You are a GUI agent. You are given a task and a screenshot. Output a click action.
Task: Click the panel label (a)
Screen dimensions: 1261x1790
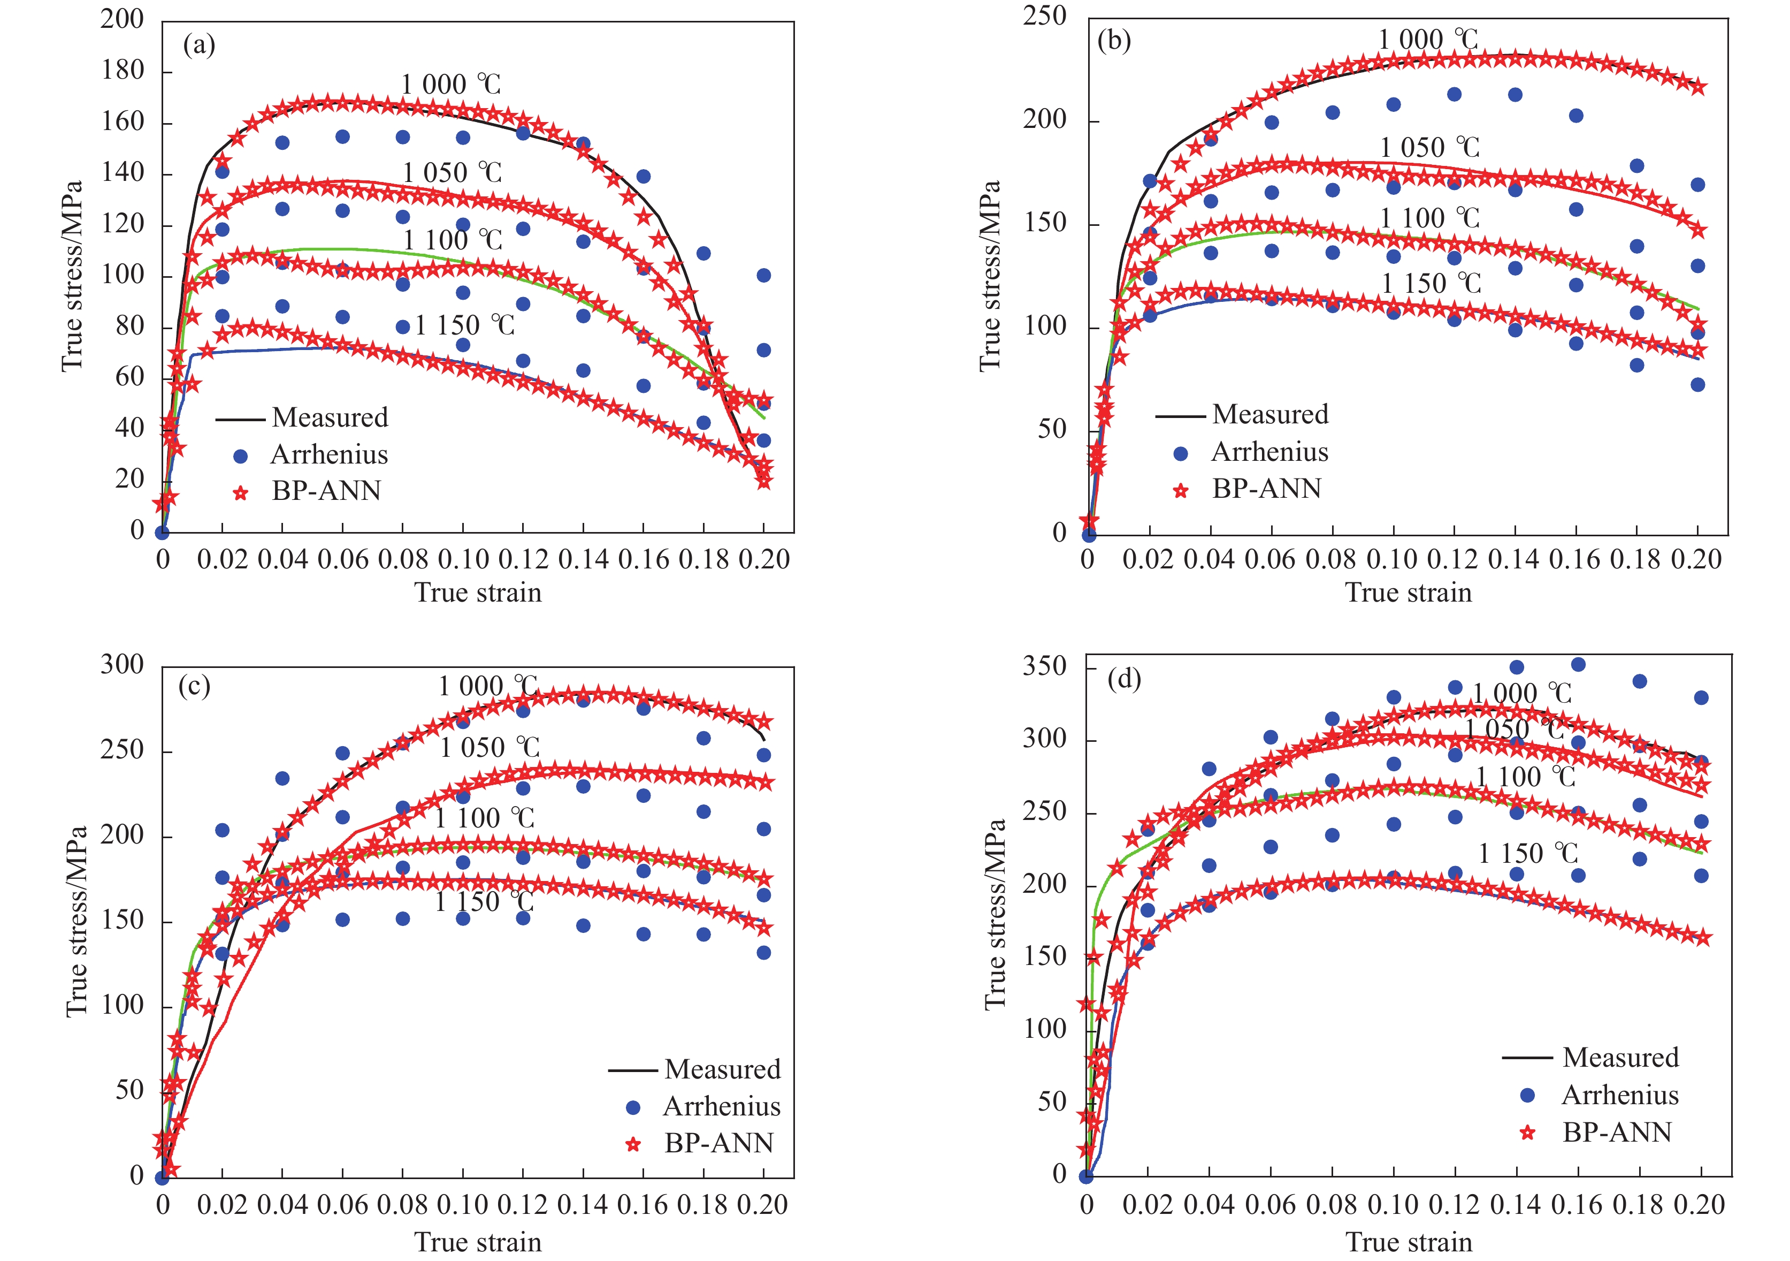coord(199,45)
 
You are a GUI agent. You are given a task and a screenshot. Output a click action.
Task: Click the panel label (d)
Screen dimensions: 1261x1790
coord(1123,679)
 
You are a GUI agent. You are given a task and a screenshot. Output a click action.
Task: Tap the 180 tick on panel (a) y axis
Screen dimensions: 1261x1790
coord(123,71)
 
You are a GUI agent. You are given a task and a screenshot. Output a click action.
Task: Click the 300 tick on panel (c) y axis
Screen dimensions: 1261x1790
coord(123,664)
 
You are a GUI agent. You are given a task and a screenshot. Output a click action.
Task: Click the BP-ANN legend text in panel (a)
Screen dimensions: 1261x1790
coord(326,490)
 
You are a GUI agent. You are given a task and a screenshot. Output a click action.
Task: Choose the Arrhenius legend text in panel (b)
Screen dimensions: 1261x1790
coord(1269,452)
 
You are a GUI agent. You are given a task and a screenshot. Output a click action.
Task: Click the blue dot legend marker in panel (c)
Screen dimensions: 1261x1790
coord(633,1107)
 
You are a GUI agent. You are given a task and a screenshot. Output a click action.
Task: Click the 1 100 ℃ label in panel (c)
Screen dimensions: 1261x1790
coord(484,818)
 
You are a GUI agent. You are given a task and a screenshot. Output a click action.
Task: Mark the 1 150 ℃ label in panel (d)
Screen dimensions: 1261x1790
coord(1528,853)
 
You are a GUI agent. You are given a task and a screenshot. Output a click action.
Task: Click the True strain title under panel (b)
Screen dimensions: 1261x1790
coord(1408,592)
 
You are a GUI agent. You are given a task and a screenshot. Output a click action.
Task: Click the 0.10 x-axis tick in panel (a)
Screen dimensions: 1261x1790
coord(463,559)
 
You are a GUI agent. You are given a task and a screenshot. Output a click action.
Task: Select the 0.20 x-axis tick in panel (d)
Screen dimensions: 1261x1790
coord(1700,1205)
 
